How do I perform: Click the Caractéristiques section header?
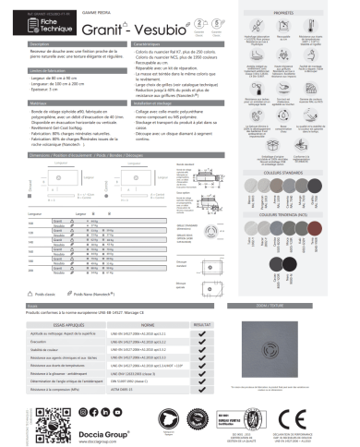pos(148,43)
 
